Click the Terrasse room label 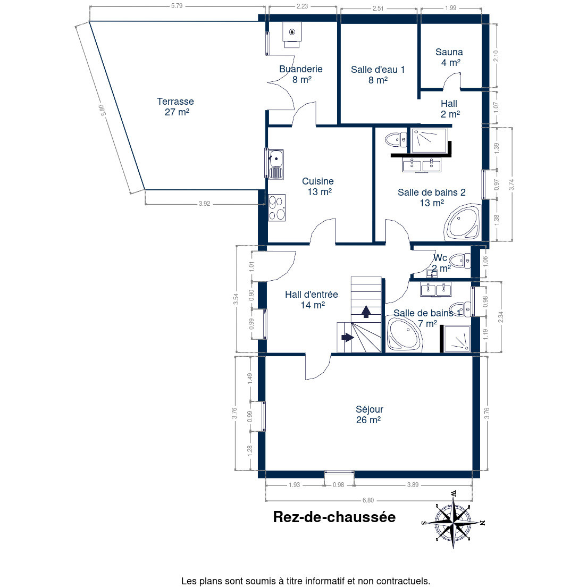(x=175, y=107)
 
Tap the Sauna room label (x=449, y=57)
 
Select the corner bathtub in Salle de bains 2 (x=462, y=222)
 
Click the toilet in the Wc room (x=460, y=261)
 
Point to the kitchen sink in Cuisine (x=276, y=164)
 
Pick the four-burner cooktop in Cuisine (x=276, y=207)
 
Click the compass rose (x=454, y=521)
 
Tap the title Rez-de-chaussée (x=334, y=517)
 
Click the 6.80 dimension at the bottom (x=368, y=500)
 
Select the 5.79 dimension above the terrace (x=177, y=6)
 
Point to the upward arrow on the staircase (x=366, y=312)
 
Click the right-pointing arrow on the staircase (x=348, y=337)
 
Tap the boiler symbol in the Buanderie (x=292, y=35)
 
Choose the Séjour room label (x=369, y=414)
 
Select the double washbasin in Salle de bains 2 (x=422, y=165)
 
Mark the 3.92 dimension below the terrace (x=204, y=204)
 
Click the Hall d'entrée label (x=312, y=300)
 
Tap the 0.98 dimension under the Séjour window (x=338, y=485)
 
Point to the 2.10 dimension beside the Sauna (x=496, y=56)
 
